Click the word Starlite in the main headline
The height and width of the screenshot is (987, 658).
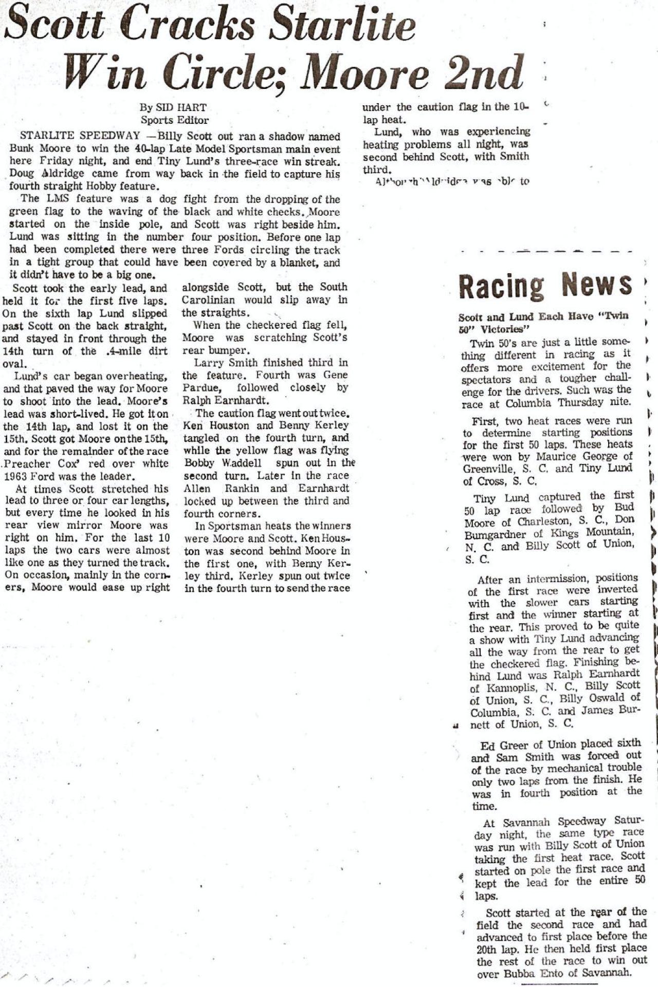coord(342,26)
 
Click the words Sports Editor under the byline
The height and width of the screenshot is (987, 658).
coord(175,120)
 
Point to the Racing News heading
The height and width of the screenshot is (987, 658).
coord(545,285)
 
